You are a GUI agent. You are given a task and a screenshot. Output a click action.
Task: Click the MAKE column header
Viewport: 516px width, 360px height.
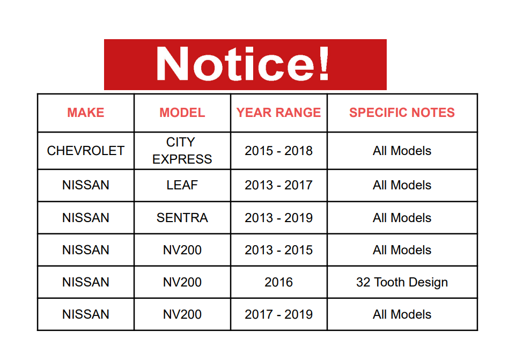pos(86,113)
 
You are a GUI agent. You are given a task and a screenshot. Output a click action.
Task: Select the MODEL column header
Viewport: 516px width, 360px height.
pos(182,113)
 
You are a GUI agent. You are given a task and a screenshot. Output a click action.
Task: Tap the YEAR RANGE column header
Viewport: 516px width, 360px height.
pos(278,113)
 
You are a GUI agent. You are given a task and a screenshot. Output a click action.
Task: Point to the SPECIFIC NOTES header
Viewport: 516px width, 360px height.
pos(402,113)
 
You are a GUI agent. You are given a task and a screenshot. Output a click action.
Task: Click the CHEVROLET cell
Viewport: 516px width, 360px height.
pos(86,151)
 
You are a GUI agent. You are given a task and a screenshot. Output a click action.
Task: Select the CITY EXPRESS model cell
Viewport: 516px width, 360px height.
pos(182,151)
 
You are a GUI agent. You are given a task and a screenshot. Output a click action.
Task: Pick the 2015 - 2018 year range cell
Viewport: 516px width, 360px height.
pos(278,151)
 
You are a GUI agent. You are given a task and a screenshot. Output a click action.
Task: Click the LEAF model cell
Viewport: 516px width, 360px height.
pos(182,185)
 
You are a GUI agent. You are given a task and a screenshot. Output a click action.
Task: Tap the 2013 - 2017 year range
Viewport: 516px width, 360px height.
pos(278,185)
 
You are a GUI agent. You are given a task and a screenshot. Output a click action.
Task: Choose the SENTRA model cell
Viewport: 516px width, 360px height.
pos(182,217)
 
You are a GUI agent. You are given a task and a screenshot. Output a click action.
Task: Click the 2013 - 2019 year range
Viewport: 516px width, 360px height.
pos(278,217)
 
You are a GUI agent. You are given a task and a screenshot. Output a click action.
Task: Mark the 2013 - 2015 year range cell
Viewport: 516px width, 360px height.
pos(278,250)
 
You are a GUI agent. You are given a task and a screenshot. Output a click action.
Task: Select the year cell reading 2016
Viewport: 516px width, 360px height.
pos(278,282)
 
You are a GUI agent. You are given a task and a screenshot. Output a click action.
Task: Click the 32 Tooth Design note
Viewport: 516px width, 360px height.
pos(402,282)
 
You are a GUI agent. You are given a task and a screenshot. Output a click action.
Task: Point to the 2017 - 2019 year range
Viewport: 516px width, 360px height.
pos(278,314)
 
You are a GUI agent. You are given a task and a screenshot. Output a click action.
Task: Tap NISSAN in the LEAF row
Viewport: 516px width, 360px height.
pos(86,185)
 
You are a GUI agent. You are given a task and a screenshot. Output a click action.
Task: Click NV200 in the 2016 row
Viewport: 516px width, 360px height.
pos(182,282)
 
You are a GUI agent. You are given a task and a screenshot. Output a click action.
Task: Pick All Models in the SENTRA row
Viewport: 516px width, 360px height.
pos(402,217)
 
